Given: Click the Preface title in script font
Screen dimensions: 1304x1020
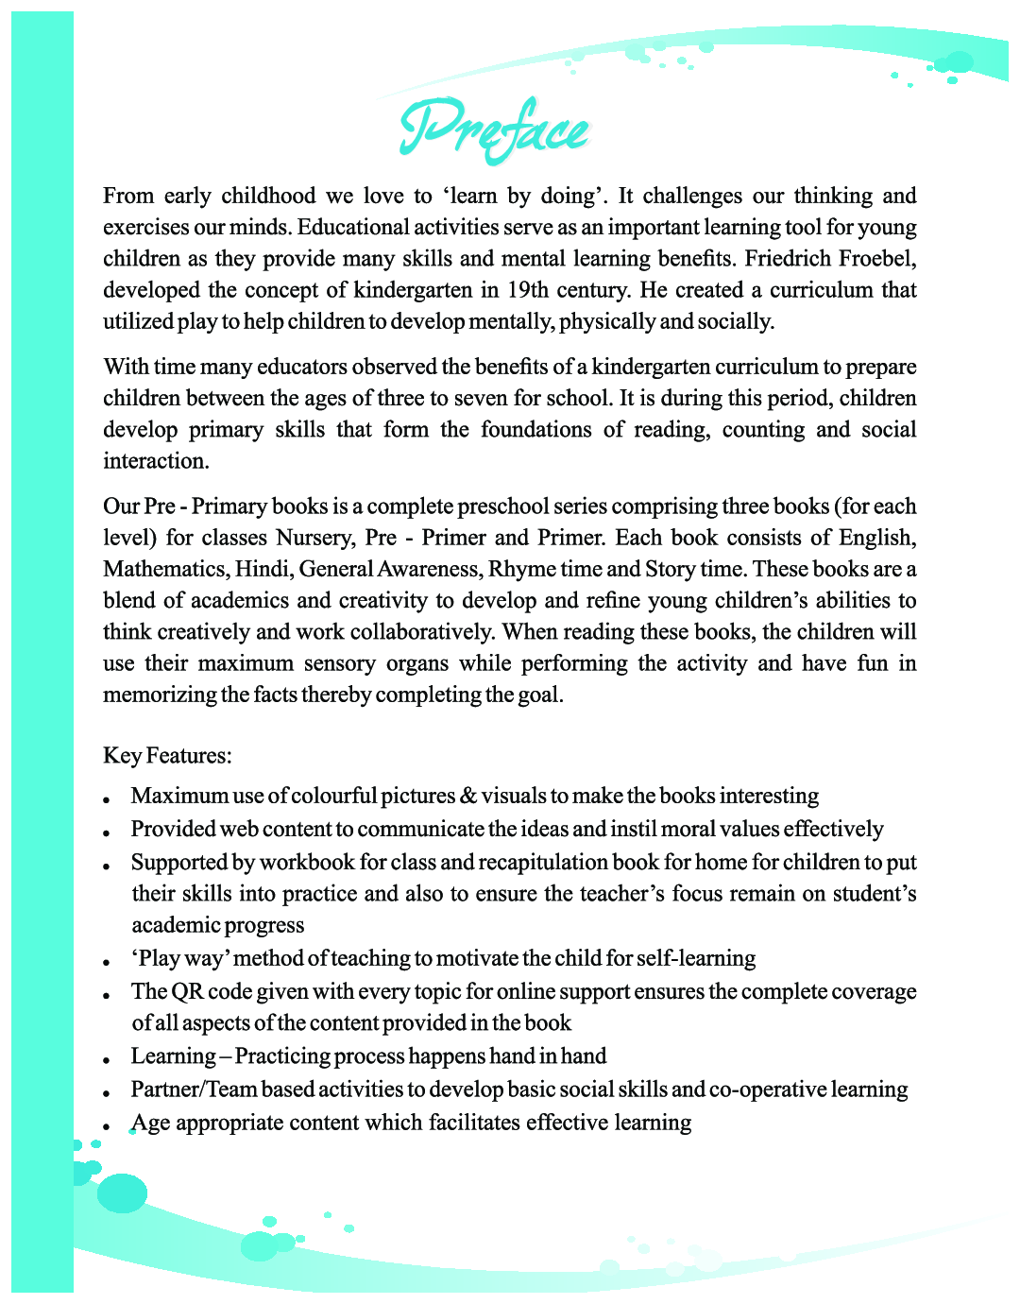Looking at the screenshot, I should pos(494,129).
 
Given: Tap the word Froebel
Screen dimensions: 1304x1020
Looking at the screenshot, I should pos(878,259).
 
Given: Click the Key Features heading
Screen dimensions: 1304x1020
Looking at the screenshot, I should pos(167,756).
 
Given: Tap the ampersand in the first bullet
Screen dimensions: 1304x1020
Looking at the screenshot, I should pos(468,797).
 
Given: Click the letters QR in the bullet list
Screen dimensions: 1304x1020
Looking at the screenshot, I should pos(187,992).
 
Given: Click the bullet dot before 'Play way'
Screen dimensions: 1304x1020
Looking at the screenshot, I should pos(109,963).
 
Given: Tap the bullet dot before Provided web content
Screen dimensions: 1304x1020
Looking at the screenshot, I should pos(109,833).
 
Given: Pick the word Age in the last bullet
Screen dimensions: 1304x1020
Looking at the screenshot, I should pos(151,1124).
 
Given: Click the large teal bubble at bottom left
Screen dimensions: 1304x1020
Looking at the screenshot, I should pos(122,1193).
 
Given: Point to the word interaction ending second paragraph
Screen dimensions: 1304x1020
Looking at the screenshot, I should pos(156,461).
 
